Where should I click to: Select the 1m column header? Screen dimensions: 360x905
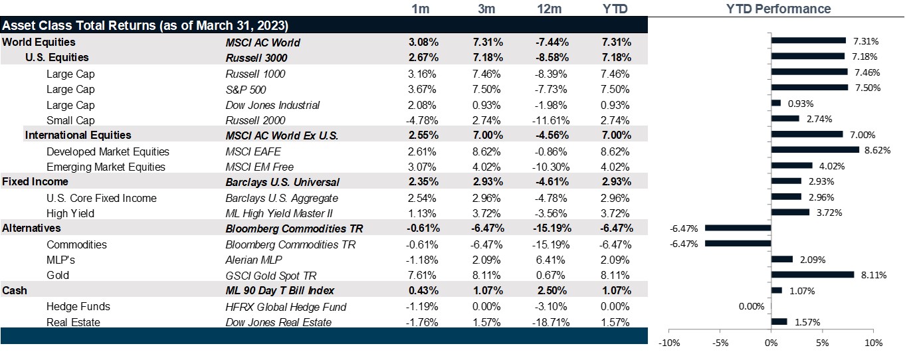(420, 9)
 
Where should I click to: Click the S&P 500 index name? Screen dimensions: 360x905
(246, 90)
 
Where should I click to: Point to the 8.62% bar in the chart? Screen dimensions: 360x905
(815, 149)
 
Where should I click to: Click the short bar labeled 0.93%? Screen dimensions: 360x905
(775, 103)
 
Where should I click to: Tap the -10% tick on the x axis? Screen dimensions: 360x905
(668, 343)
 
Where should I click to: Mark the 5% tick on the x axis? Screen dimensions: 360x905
(823, 343)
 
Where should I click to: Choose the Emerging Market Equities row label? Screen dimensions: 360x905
(106, 167)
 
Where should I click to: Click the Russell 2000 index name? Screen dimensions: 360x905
(255, 120)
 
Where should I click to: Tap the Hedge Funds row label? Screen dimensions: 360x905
(78, 307)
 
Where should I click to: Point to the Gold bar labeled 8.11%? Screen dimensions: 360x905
(812, 274)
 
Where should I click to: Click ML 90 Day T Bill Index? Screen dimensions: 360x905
(280, 291)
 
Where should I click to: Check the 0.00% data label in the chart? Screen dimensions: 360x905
(752, 306)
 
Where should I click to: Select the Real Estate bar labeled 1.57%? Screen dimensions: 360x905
(779, 321)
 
